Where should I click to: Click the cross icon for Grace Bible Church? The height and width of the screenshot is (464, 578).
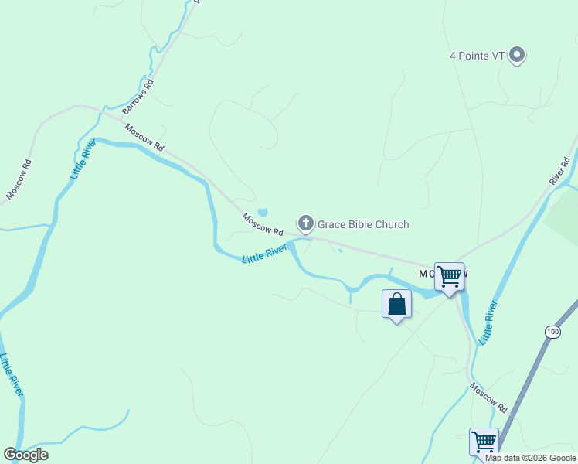pos(306,224)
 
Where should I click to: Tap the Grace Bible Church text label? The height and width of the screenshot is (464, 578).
pos(363,225)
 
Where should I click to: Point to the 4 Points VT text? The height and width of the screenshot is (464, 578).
pos(477,56)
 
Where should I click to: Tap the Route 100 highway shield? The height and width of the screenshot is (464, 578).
pos(552,332)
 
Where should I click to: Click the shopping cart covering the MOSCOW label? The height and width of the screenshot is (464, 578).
pos(449,277)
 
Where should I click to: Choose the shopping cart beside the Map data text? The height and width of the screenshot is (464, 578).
pos(484,443)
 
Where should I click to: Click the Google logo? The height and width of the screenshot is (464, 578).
pos(25,455)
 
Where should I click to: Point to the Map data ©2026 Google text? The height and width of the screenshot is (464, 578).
pos(530,458)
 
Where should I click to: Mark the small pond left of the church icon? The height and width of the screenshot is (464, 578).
pos(263,212)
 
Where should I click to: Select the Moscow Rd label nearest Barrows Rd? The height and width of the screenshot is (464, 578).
pos(144,138)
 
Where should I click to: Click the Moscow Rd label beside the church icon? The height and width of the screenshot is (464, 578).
pos(262,224)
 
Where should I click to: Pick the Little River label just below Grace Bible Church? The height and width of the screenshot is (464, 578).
pos(264,254)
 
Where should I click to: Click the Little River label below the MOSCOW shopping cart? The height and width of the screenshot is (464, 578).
pos(488,322)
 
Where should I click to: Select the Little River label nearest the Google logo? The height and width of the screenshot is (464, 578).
pos(12,375)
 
